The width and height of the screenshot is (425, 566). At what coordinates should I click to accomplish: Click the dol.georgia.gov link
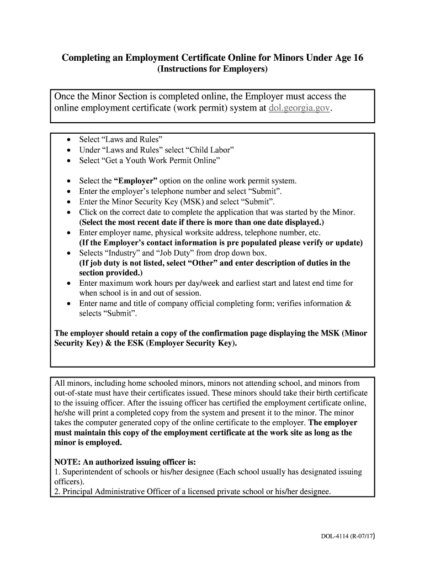point(300,108)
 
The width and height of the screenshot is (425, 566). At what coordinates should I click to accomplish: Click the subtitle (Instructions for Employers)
point(212,70)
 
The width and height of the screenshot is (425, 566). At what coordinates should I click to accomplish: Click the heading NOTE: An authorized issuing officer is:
point(125,462)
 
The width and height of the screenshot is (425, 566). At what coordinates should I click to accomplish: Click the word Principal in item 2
point(76,491)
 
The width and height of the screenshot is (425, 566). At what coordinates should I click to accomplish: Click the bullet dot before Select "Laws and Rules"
point(68,139)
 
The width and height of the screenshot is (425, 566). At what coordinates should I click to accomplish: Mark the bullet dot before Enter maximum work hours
point(68,283)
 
